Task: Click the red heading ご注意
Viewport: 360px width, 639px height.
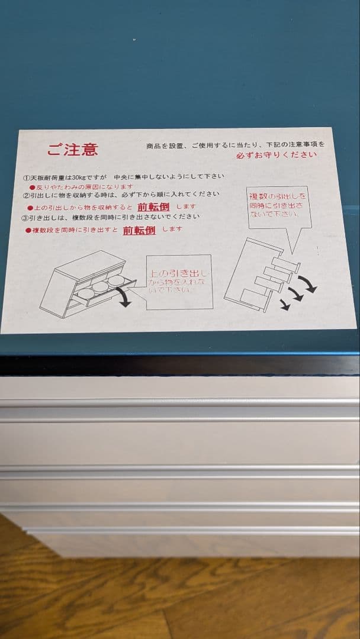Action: click(x=72, y=150)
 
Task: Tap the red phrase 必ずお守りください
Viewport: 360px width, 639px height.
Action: click(x=276, y=155)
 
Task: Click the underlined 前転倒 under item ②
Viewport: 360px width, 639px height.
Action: click(x=153, y=206)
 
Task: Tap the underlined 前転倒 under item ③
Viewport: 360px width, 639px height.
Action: click(x=139, y=230)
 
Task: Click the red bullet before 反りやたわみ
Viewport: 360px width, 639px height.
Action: click(x=33, y=186)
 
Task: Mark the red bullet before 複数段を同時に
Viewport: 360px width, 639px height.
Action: click(x=28, y=230)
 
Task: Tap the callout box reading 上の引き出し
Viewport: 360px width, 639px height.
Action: click(x=178, y=282)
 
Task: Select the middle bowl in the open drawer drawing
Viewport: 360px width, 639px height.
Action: click(x=101, y=287)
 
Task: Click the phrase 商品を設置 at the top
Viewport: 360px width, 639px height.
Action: click(x=166, y=145)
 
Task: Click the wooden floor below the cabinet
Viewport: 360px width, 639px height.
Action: click(x=178, y=598)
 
